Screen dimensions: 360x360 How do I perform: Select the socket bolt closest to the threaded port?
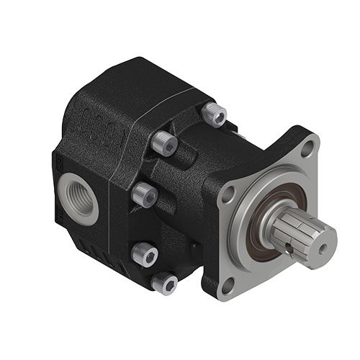pos(144,194)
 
